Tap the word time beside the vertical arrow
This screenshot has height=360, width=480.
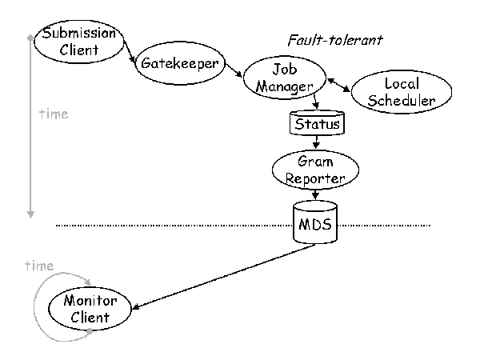53,114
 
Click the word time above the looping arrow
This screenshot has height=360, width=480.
38,266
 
